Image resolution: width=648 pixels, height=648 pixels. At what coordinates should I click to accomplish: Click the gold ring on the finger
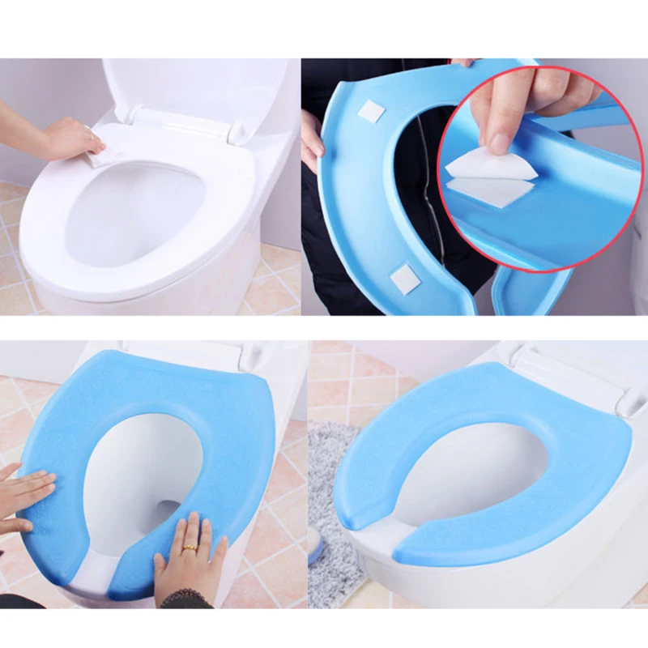[189, 548]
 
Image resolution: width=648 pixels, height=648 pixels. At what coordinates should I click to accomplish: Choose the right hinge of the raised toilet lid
[235, 130]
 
